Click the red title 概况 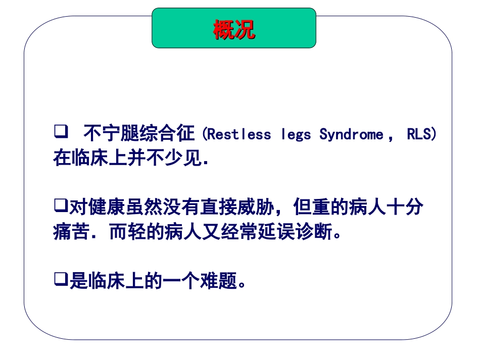[234, 29]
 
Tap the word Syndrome [351, 135]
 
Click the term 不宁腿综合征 [139, 134]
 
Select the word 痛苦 [71, 233]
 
